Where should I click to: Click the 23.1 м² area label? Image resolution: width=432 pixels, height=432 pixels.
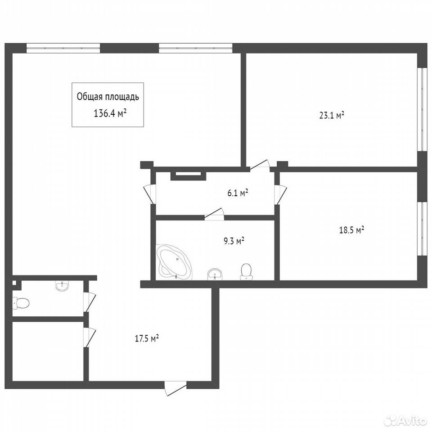coord(332,115)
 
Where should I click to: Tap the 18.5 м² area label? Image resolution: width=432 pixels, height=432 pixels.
coord(351,230)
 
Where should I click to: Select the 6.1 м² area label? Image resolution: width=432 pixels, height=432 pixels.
coord(238,193)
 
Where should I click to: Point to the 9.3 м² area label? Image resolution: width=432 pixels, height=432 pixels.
coord(234,241)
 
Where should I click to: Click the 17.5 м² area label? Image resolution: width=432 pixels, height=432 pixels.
coord(147,338)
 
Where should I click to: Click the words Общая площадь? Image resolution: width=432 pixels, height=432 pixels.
coord(108,97)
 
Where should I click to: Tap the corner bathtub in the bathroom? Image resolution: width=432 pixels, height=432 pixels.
coord(173,261)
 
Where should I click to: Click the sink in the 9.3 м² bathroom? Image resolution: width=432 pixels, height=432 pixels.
coord(214,274)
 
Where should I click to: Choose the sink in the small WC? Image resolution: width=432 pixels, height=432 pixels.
coord(62,285)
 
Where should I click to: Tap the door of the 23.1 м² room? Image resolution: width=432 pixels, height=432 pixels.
coord(260,165)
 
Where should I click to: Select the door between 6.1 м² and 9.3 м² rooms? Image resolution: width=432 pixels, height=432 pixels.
coord(214,214)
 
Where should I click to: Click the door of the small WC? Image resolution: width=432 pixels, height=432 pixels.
coord(90,301)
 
